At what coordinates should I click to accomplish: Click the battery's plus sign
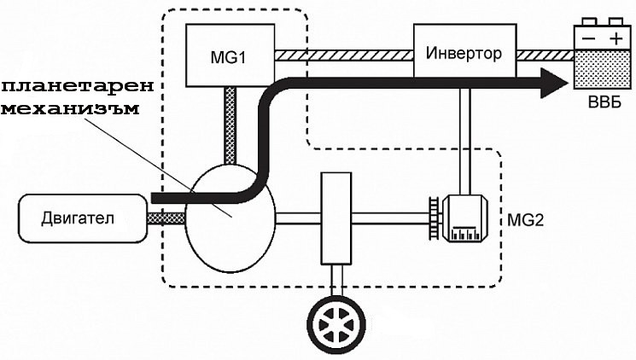coord(614,39)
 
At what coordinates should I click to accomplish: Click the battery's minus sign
coord(586,39)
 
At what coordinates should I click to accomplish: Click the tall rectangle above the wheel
coord(336,218)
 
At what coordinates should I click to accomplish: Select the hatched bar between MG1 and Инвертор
coord(341,55)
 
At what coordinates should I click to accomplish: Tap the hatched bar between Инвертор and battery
coord(546,55)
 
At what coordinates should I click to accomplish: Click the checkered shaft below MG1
coord(229,124)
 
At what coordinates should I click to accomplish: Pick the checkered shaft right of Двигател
coord(167,218)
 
